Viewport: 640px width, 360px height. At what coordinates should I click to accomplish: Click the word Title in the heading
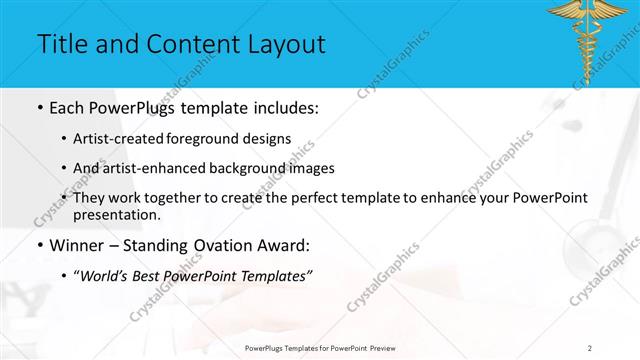click(x=62, y=44)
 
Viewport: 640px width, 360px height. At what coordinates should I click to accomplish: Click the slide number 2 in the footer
click(x=590, y=347)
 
